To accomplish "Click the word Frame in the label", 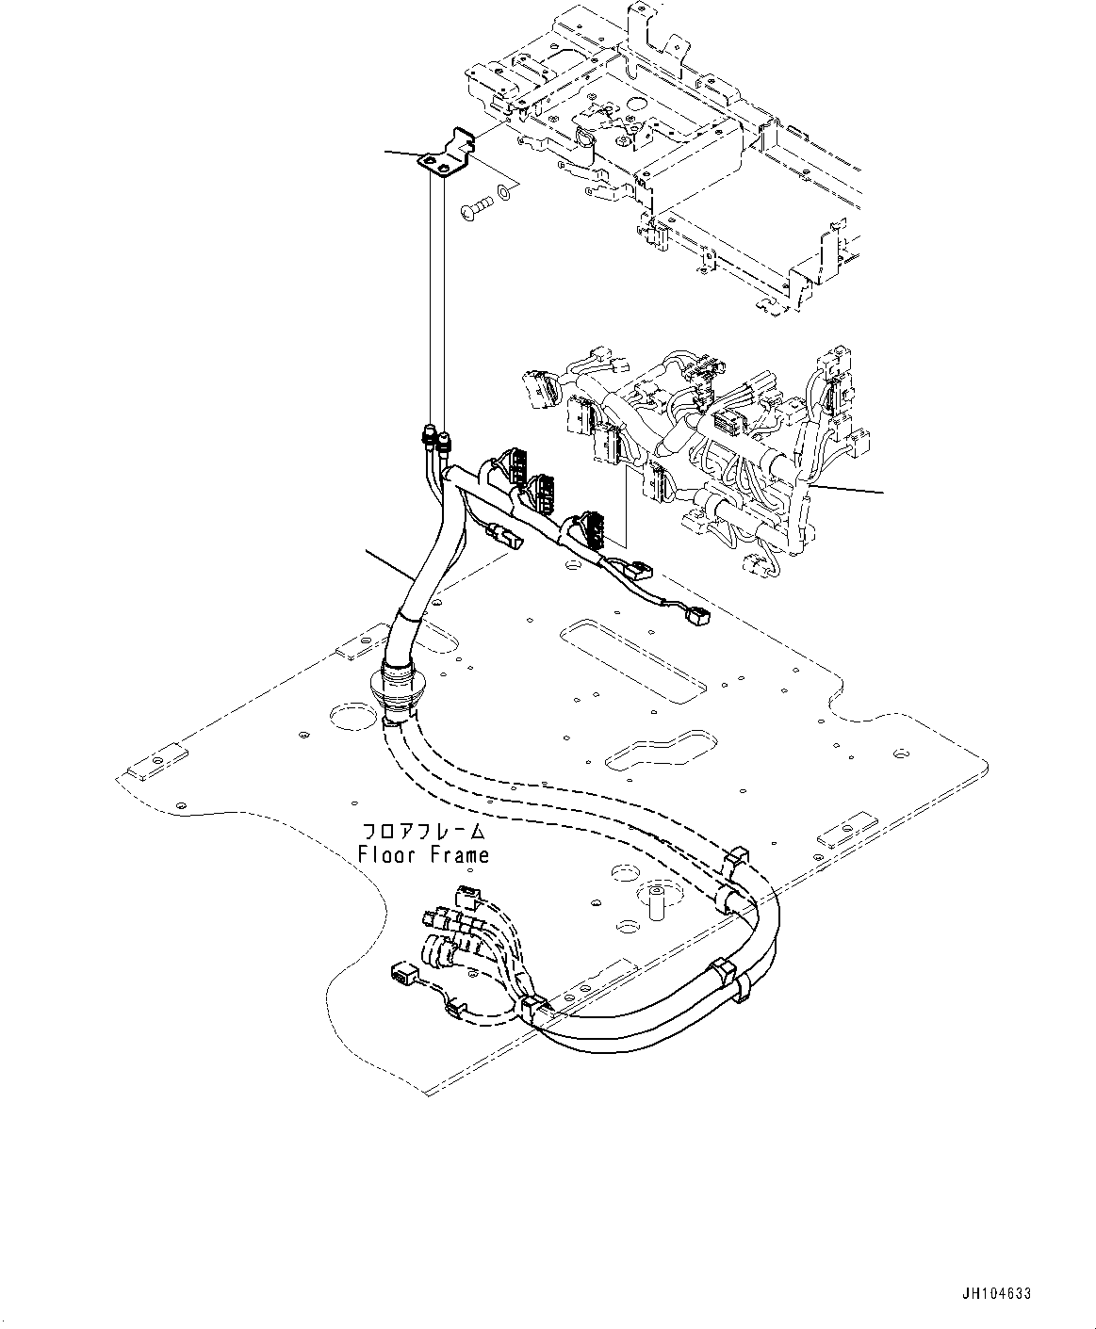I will coord(459,855).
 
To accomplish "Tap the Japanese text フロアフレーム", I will coord(424,832).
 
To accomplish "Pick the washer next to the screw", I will coord(506,194).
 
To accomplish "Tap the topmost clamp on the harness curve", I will coord(736,858).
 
